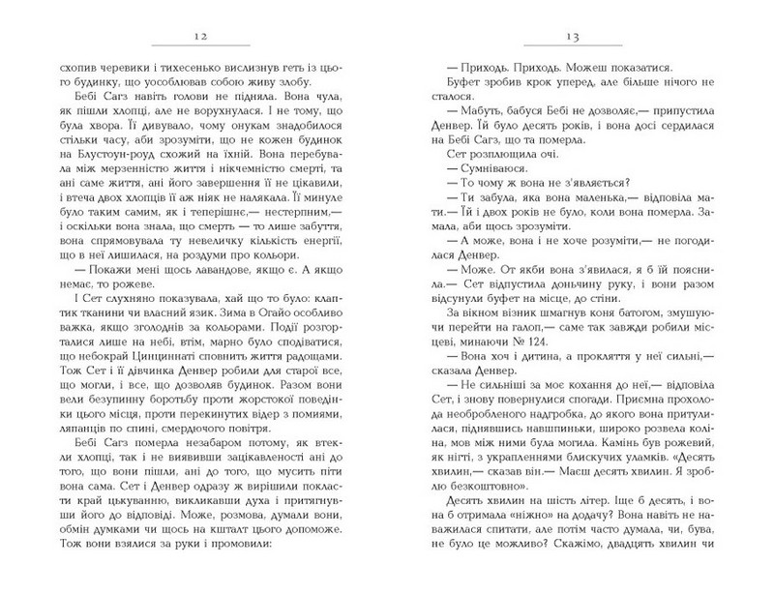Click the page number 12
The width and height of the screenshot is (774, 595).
click(210, 36)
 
